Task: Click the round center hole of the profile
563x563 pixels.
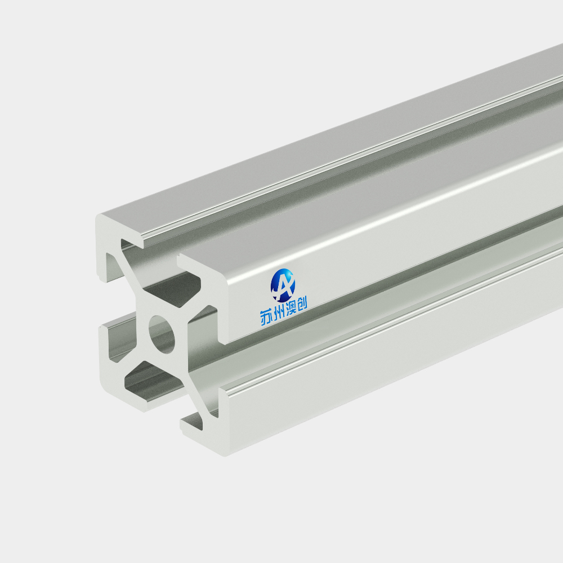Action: tap(162, 334)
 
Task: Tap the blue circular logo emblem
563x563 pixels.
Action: tap(283, 285)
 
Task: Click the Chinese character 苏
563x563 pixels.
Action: tap(266, 318)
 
